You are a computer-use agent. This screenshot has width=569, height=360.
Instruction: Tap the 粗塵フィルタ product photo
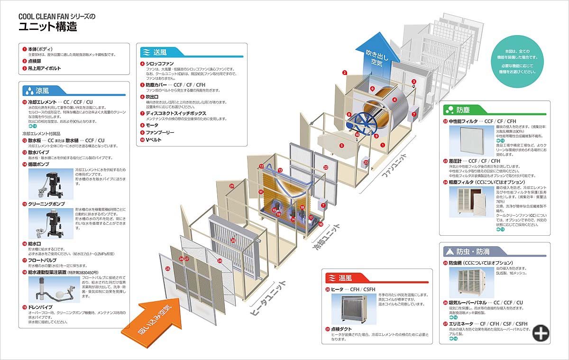coord(472,202)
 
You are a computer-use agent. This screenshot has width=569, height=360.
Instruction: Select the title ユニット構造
coord(47,27)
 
